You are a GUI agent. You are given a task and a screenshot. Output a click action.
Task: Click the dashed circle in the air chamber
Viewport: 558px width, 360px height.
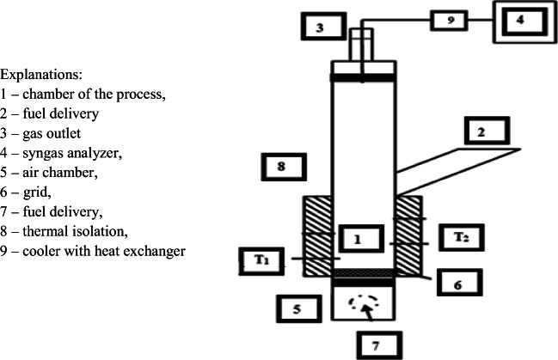coord(363,302)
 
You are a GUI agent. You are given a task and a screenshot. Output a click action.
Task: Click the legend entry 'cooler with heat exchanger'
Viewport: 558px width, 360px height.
coord(94,251)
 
